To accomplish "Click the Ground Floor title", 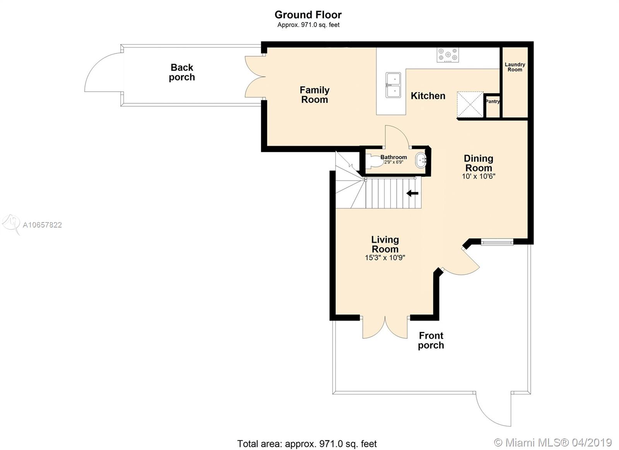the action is pos(308,15).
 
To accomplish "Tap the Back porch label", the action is pos(182,72).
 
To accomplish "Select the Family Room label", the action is pos(315,95).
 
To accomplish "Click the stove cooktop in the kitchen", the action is pos(448,55).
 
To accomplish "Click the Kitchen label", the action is pos(428,96).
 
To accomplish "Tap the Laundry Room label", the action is pos(515,67).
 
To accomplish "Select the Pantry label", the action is pos(493,101).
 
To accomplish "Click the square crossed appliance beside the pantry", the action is pos(470,105).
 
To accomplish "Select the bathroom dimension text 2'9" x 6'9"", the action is pos(393,162).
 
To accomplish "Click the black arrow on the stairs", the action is pos(412,193).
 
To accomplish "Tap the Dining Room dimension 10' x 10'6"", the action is pos(479,176).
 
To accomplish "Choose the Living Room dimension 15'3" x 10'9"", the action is pos(385,258).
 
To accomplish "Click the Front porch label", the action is pos(431,340).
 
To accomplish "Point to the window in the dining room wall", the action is pos(497,243).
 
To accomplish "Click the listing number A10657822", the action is pos(42,225).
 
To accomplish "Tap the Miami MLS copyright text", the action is pos(553,443).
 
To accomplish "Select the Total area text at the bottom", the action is pos(307,444).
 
